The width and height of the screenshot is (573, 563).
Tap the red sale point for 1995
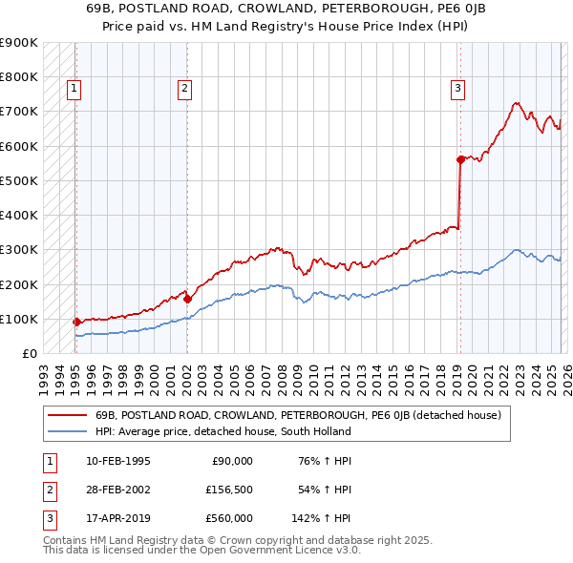coord(76,322)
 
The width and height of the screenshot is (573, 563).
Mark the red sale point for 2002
coord(187,299)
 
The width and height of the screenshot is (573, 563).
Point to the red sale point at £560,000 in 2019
coord(460,159)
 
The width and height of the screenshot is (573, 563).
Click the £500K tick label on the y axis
coord(19,180)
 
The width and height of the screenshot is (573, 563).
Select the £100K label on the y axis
coord(19,319)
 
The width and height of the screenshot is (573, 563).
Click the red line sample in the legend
coord(67,415)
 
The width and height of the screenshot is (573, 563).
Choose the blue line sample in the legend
coord(67,431)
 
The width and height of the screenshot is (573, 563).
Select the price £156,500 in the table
coord(229,490)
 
